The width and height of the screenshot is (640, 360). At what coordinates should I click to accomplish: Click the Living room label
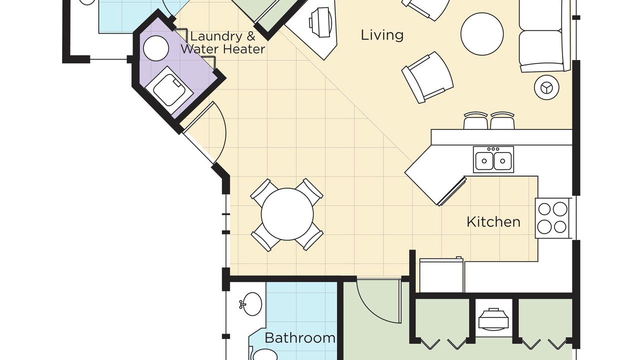click(x=382, y=35)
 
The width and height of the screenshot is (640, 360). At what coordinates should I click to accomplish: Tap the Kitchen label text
click(x=493, y=222)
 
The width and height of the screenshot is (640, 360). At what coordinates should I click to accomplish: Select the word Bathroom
click(x=300, y=338)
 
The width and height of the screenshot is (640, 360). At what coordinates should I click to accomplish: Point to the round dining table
click(x=287, y=214)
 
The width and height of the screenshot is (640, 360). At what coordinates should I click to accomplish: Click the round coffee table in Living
click(x=482, y=33)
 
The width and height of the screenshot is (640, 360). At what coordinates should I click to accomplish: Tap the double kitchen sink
click(x=493, y=159)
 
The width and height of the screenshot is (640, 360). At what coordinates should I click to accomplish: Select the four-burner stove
click(x=552, y=218)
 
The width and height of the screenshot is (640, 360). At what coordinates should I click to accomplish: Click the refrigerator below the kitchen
click(x=441, y=275)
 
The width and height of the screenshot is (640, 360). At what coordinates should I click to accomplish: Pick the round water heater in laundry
click(x=155, y=48)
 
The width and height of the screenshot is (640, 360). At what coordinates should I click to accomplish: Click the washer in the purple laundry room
click(x=169, y=90)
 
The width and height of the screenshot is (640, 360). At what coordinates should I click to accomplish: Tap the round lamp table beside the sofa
click(x=546, y=87)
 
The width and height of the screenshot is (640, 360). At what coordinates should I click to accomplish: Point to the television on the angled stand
click(x=320, y=22)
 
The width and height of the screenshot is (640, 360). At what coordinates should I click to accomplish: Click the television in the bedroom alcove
click(x=493, y=318)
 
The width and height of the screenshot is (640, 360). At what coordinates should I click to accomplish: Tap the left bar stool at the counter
click(x=475, y=121)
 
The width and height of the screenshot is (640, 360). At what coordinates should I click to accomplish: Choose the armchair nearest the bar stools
click(x=427, y=77)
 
